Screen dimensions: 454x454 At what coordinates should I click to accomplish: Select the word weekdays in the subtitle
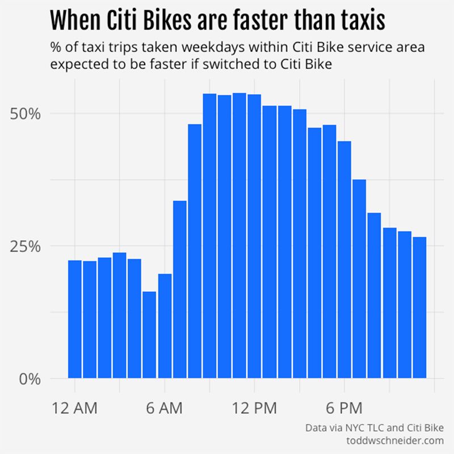pyautogui.click(x=215, y=48)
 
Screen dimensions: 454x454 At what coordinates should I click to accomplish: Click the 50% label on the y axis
pyautogui.click(x=26, y=113)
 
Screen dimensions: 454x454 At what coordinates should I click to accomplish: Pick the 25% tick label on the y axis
pyautogui.click(x=26, y=246)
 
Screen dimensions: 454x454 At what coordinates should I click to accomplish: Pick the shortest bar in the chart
pyautogui.click(x=149, y=335)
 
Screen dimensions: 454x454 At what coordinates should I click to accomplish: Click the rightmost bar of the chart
pyautogui.click(x=419, y=307)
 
